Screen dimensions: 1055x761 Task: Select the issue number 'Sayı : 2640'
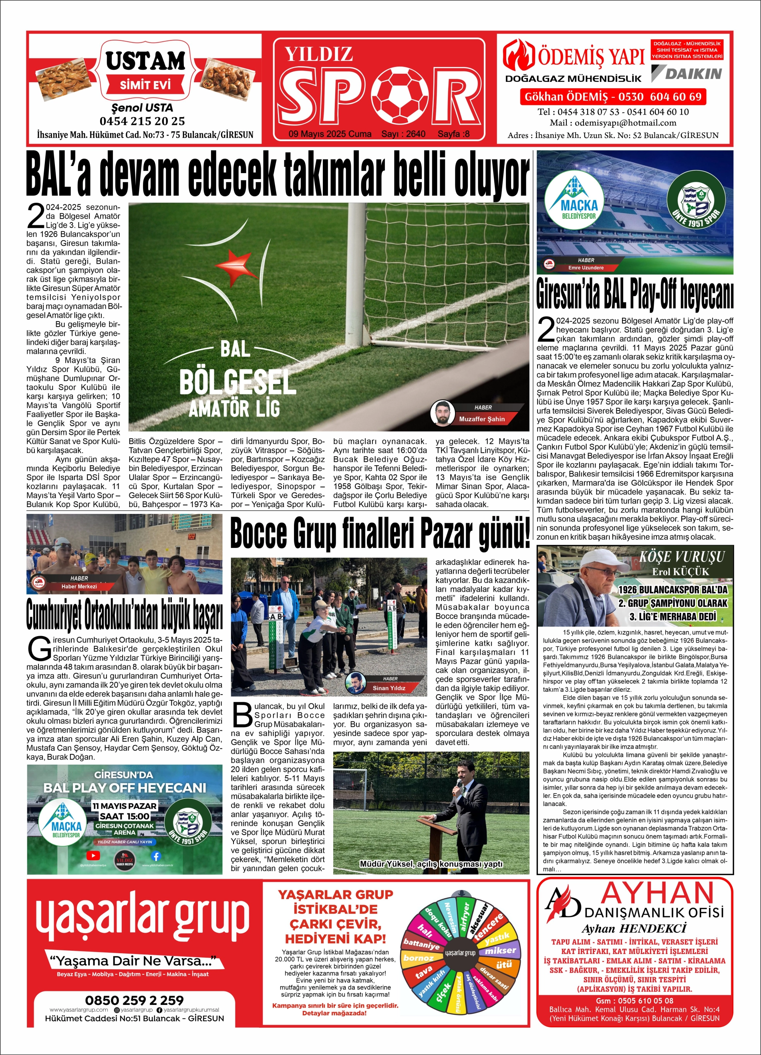tap(403, 134)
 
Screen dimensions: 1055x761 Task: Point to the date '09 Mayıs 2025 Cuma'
tap(330, 134)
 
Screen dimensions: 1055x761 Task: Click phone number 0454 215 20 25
tap(142, 121)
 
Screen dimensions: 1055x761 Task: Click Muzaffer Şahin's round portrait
tap(442, 412)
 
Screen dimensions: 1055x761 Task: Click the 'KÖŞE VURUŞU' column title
tap(682, 556)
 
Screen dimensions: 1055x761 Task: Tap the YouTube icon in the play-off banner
tap(93, 855)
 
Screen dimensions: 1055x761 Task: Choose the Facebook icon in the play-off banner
tap(156, 855)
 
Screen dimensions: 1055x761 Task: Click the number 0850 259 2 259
tap(134, 1000)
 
